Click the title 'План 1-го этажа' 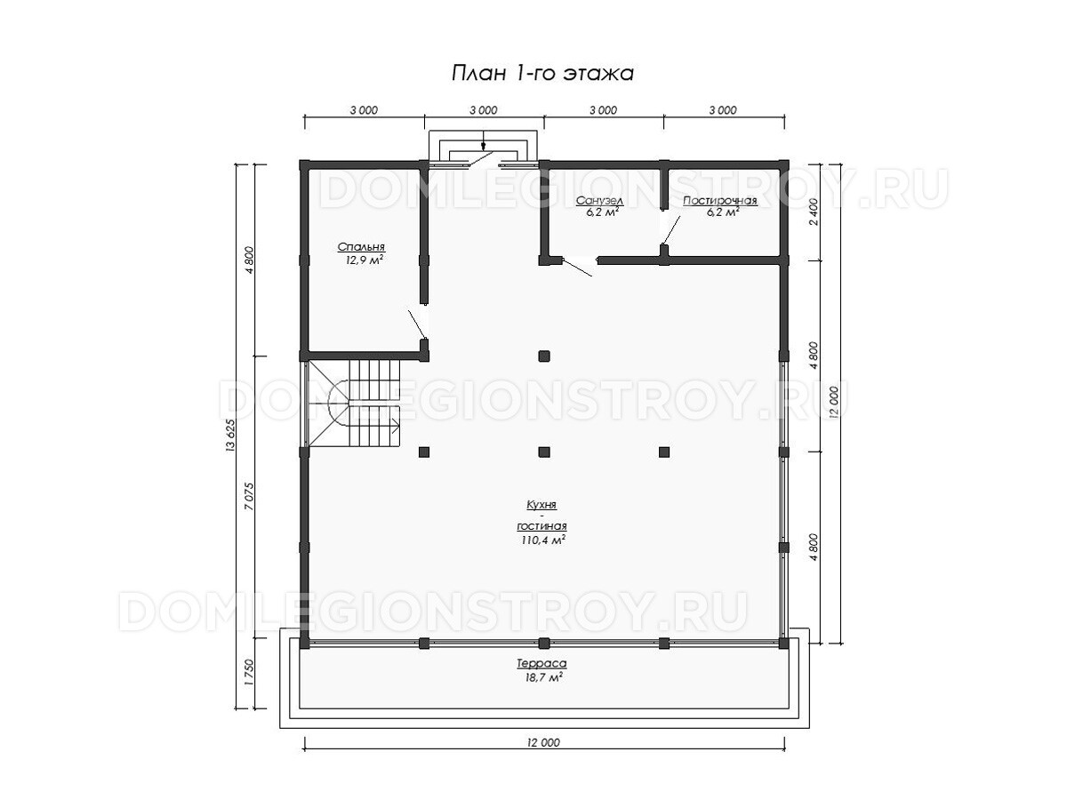coord(542,74)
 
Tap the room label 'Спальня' coord(361,247)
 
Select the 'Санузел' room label coord(599,201)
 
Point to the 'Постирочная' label coord(720,201)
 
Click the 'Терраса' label coord(541,663)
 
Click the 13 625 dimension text coord(229,436)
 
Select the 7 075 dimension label coord(248,496)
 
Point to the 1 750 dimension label coord(248,672)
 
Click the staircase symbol coord(354,403)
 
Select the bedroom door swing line coord(418,324)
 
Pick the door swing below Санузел coord(577,268)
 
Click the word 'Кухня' coord(542,505)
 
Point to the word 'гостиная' coord(542,526)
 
